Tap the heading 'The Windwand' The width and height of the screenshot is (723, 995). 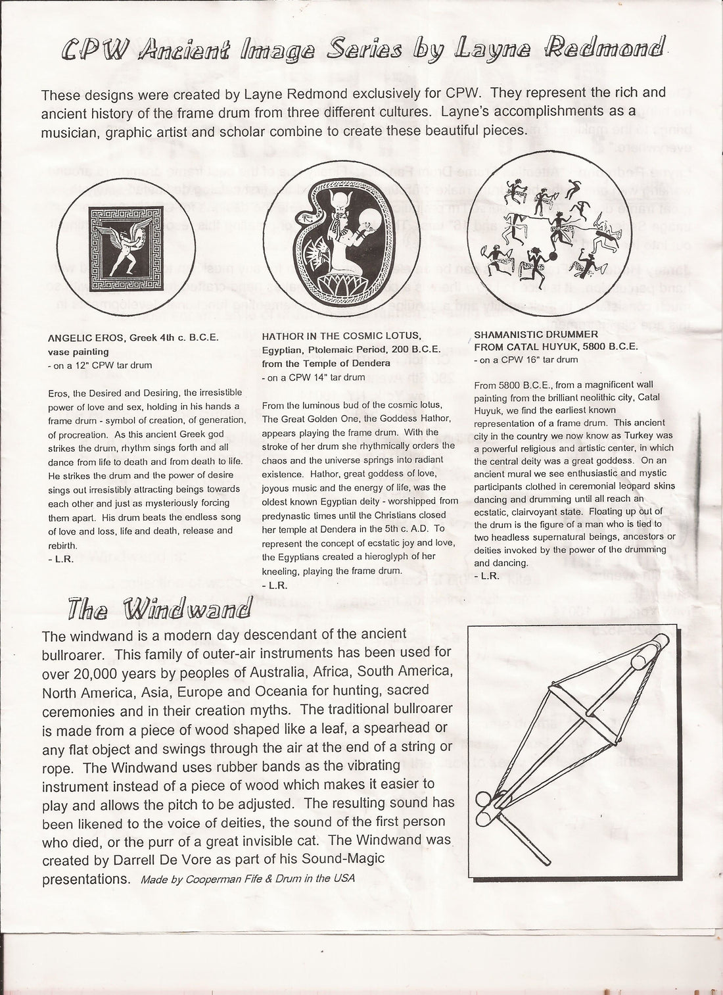pyautogui.click(x=158, y=609)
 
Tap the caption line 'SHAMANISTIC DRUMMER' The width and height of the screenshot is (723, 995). pyautogui.click(x=536, y=335)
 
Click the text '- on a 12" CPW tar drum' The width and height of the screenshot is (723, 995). pyautogui.click(x=100, y=365)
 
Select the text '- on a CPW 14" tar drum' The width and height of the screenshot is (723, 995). pyautogui.click(x=313, y=377)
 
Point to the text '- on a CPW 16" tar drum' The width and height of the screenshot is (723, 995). pyautogui.click(x=526, y=360)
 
